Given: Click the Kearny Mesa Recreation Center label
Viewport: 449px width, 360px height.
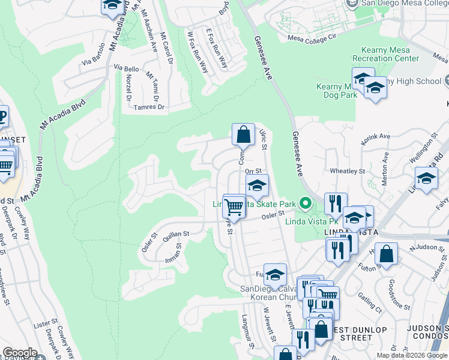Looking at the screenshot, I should click(390, 54).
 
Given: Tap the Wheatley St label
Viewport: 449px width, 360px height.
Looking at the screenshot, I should click(348, 171).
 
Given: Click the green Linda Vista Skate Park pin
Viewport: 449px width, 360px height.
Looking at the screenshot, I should click(306, 204).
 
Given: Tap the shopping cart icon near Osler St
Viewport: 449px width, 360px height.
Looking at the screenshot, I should click(234, 207).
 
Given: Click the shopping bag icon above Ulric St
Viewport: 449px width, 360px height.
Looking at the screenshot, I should click(243, 134).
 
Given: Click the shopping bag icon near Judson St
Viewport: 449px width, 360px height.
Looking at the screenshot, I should click(387, 253).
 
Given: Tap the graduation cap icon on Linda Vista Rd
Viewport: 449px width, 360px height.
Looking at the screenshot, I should click(426, 179).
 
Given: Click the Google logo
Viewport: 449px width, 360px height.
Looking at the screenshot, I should click(20, 353).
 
